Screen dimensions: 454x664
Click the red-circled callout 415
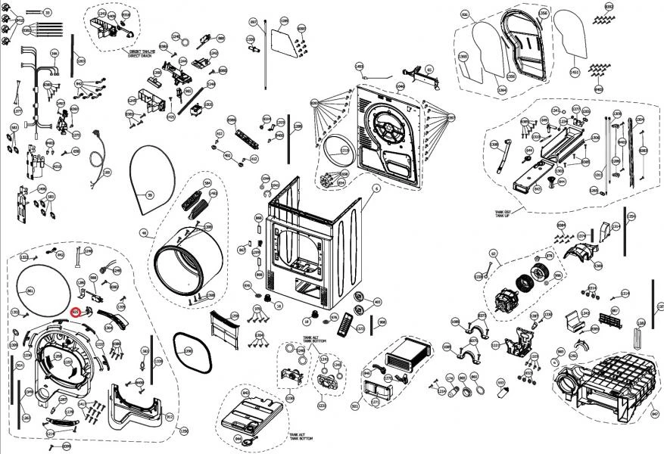coord(76,311)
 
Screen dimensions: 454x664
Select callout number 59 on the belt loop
coord(149,195)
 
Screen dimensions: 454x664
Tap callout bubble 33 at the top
coord(47,14)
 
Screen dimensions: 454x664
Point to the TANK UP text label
coord(503,216)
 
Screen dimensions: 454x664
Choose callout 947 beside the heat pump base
coord(655,414)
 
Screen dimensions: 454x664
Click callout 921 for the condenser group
coord(356,407)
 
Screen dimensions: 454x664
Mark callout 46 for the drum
coord(144,233)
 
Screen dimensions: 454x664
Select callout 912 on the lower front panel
coord(169,416)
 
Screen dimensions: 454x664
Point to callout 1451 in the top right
coord(575,72)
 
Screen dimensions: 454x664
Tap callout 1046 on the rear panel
coord(401,86)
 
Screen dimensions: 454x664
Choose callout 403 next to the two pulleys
coord(378,302)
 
